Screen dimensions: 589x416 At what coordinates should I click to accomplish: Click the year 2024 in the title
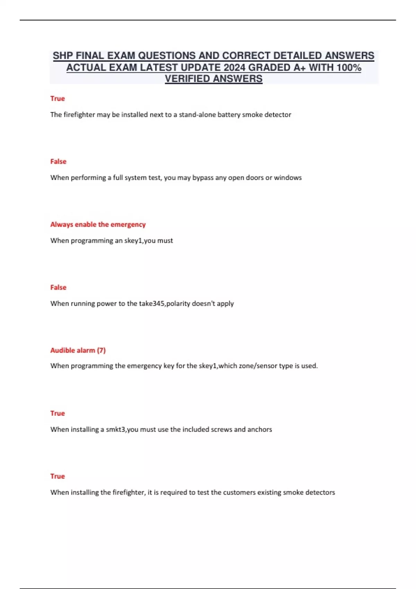234,68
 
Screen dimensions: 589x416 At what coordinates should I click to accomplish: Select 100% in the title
348,68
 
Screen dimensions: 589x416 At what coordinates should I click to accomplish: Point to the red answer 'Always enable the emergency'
98,225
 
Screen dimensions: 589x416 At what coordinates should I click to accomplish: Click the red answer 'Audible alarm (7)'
78,350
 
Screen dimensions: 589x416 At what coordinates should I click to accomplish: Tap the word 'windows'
288,178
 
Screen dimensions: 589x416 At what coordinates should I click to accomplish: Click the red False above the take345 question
58,287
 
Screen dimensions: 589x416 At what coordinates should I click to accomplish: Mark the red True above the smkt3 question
58,413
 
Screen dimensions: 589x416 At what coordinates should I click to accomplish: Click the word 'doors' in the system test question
254,178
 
